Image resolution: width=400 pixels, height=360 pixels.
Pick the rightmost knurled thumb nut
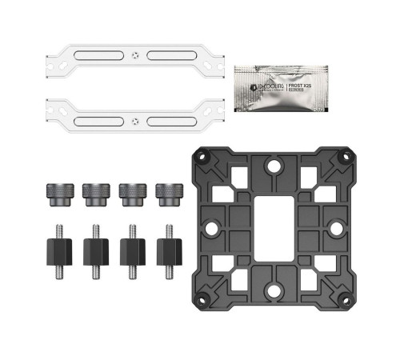[168, 193]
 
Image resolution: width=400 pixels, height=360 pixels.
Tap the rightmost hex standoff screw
[168, 249]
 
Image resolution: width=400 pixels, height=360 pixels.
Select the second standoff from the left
[94, 249]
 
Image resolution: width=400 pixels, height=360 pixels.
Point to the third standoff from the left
[131, 249]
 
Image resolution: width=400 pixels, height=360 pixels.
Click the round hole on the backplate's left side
[211, 229]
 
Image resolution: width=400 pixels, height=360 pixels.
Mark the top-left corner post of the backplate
[201, 158]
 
